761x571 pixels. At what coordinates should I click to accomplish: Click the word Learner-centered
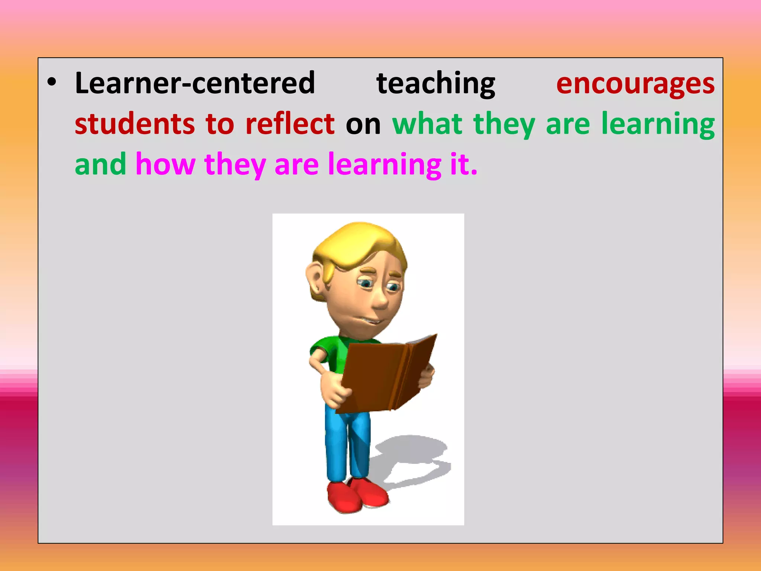pyautogui.click(x=195, y=83)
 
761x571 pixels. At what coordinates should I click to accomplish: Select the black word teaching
pyautogui.click(x=435, y=84)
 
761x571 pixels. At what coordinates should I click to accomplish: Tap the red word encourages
pyautogui.click(x=635, y=84)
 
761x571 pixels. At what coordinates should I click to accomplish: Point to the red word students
pyautogui.click(x=135, y=124)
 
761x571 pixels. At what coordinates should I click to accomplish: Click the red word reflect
pyautogui.click(x=290, y=124)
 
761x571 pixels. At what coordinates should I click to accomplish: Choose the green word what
pyautogui.click(x=427, y=124)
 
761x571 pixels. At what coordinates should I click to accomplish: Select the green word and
pyautogui.click(x=100, y=164)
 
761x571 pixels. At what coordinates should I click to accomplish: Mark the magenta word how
pyautogui.click(x=165, y=164)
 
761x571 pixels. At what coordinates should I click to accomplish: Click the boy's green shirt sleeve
pyautogui.click(x=323, y=346)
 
